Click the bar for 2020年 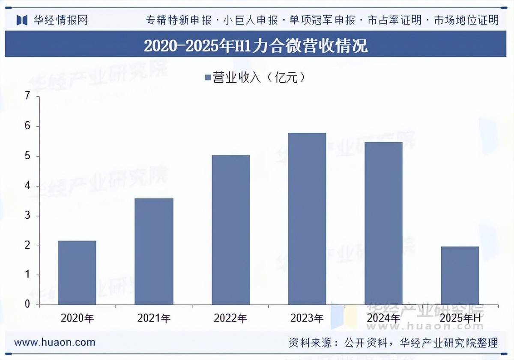[77, 273]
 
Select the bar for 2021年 [154, 251]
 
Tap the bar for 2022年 [230, 230]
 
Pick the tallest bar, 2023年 [307, 219]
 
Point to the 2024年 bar [383, 223]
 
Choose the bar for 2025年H [460, 275]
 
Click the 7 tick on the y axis [28, 97]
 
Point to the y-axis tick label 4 [28, 186]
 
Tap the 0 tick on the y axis [28, 304]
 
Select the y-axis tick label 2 [28, 245]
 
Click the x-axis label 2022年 [230, 318]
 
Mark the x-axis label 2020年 [77, 318]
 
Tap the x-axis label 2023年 [307, 318]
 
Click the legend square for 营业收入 [208, 78]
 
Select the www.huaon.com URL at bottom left [54, 342]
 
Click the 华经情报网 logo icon [22, 20]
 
